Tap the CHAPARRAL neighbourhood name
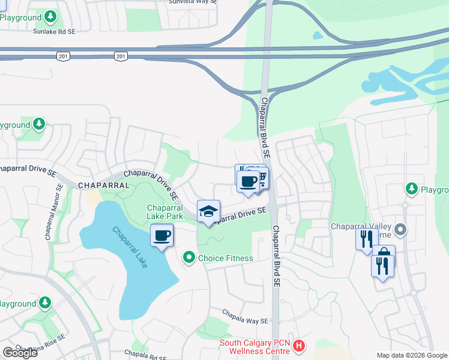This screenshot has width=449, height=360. (x=104, y=185)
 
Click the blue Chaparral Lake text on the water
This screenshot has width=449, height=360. (x=129, y=247)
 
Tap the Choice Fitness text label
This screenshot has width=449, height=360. (x=225, y=258)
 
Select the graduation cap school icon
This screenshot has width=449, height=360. (x=208, y=211)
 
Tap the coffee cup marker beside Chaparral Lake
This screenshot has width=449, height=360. (x=161, y=235)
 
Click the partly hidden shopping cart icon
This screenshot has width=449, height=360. (x=263, y=178)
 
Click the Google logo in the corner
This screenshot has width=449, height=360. (x=20, y=353)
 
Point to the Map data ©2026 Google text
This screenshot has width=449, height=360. (x=412, y=355)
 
